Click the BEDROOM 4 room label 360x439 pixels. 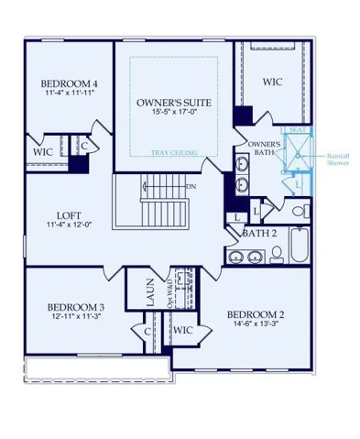tap(70, 83)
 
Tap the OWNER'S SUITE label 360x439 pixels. tap(174, 103)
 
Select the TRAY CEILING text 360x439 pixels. tap(174, 152)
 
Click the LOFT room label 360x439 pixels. tap(69, 215)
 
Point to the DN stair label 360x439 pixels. tap(191, 186)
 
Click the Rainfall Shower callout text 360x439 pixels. tap(338, 159)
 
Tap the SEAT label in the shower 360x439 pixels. tap(298, 129)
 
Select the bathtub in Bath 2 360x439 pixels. tap(300, 245)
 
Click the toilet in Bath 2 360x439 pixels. tap(277, 256)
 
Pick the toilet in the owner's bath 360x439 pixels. tap(300, 211)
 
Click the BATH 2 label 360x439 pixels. tap(259, 234)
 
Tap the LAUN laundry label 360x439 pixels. tap(150, 292)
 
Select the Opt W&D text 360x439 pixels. tap(170, 293)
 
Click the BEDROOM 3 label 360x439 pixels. tap(76, 307)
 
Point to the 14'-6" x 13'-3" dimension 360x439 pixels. tap(256, 324)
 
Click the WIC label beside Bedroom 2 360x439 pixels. tap(182, 330)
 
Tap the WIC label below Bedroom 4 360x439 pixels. tap(43, 152)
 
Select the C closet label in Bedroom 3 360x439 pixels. tap(147, 332)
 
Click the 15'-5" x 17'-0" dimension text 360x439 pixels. tap(174, 112)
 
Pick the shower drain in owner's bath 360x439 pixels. tap(298, 156)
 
